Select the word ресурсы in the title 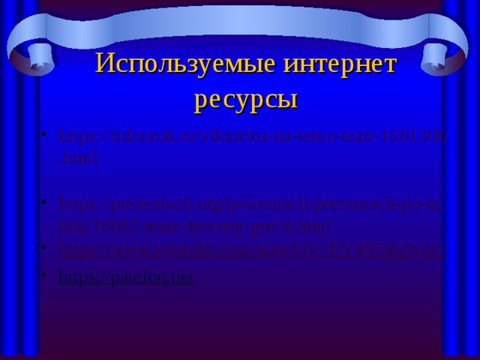245,98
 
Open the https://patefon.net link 125,277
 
